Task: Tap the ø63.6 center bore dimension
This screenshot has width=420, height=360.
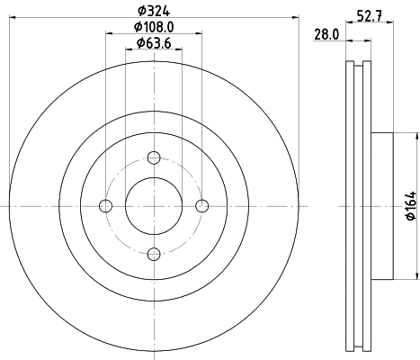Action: click(154, 42)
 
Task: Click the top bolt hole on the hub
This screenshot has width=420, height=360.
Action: click(153, 159)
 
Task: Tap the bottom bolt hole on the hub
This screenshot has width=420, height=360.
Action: click(153, 254)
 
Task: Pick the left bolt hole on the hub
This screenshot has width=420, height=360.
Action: click(106, 207)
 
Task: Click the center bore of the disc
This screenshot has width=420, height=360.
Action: click(153, 207)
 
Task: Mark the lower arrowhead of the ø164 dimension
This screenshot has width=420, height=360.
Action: click(416, 276)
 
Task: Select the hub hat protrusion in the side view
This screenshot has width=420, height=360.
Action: click(382, 207)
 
